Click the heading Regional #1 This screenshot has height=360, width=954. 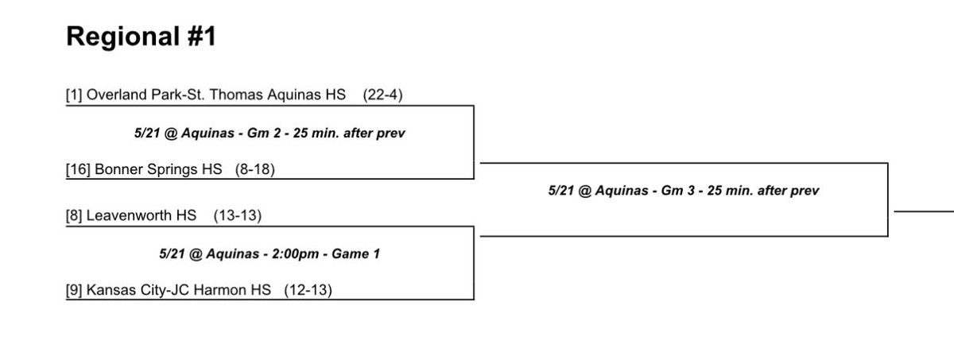[x=140, y=36]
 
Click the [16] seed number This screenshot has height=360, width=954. [x=77, y=170]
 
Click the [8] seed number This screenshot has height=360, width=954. [x=73, y=215]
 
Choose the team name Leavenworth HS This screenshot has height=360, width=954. [x=143, y=215]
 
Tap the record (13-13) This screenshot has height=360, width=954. [x=238, y=215]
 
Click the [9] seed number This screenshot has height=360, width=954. [x=73, y=290]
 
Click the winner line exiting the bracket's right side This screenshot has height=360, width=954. [x=922, y=212]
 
